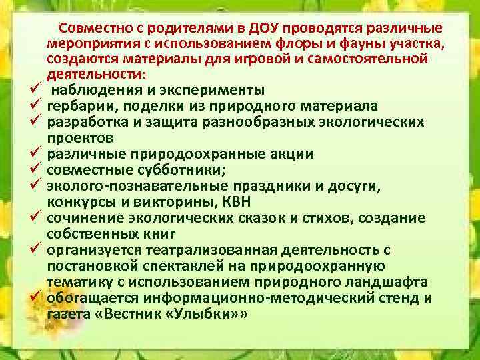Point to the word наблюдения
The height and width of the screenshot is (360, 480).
click(x=89, y=91)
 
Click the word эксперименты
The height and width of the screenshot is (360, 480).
click(x=207, y=91)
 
